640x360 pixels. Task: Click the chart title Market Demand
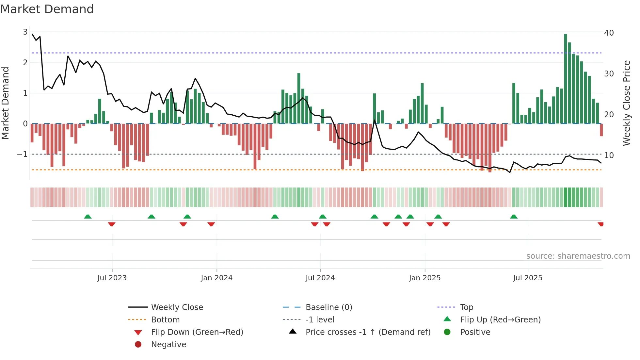tap(47, 9)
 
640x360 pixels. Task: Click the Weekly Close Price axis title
tap(626, 103)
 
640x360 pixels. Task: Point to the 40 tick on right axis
tap(609, 33)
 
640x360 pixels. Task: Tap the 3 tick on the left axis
tap(25, 32)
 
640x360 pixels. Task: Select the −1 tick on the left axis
tap(22, 154)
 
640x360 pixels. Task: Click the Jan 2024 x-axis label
tap(216, 278)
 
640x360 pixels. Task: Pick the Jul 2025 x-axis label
tap(527, 278)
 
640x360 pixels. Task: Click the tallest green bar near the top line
tap(566, 78)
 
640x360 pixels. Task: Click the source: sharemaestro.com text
tap(578, 256)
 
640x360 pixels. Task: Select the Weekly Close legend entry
tap(177, 307)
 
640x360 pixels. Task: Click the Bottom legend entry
tap(165, 319)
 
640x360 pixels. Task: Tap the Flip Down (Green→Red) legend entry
tap(197, 332)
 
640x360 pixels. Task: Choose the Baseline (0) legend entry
tap(328, 307)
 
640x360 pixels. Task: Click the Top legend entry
tap(466, 307)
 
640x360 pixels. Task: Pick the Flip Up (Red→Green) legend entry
tap(500, 319)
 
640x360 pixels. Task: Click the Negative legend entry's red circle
tap(138, 344)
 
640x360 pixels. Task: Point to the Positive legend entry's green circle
tap(447, 332)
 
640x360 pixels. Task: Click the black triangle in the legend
tap(293, 332)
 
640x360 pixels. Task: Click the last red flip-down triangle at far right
tap(600, 224)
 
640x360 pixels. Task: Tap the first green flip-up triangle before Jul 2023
tap(88, 217)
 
